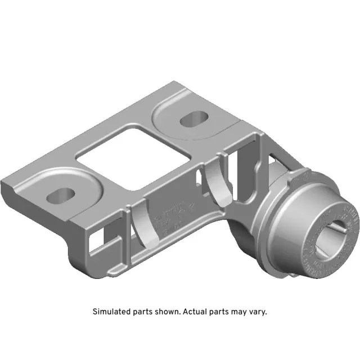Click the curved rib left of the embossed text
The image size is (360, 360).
(x=141, y=225)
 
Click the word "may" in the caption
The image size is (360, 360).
(x=238, y=311)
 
